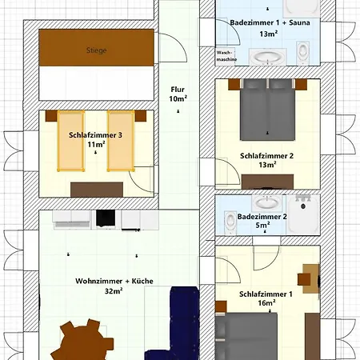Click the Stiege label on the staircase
(96, 50)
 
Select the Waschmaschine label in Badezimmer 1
(226, 57)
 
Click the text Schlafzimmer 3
(95, 135)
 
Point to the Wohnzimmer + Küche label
(114, 282)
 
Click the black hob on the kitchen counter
(106, 217)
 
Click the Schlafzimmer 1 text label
(266, 294)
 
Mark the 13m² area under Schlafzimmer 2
(267, 165)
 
